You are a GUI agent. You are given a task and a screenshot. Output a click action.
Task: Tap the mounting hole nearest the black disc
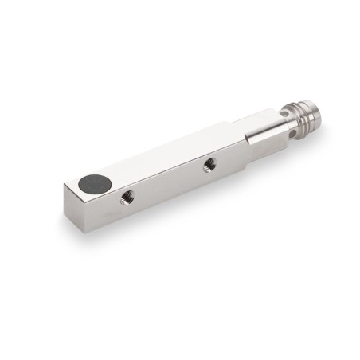coord(125,198)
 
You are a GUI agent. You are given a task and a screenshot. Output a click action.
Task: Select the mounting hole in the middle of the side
coord(209,166)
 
